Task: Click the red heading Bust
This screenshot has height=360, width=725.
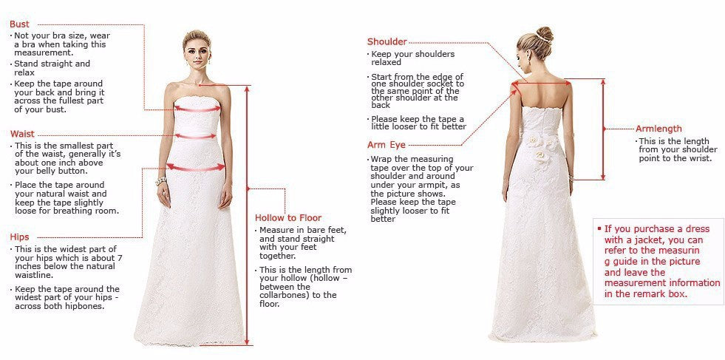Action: pyautogui.click(x=20, y=24)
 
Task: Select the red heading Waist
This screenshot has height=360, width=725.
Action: pyautogui.click(x=22, y=134)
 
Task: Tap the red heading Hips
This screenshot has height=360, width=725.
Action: pyautogui.click(x=20, y=237)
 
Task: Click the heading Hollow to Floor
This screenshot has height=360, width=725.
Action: pyautogui.click(x=288, y=218)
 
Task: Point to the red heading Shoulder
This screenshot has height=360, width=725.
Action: pyautogui.click(x=387, y=41)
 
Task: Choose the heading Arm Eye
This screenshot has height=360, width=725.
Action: pyautogui.click(x=387, y=145)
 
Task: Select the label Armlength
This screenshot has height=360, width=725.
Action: pyautogui.click(x=658, y=129)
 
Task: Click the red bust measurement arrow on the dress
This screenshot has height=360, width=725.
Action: pyautogui.click(x=197, y=109)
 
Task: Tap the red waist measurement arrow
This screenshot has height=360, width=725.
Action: pyautogui.click(x=195, y=136)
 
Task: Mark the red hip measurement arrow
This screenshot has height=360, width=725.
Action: pyautogui.click(x=196, y=167)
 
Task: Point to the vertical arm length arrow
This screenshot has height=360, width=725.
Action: pyautogui.click(x=603, y=129)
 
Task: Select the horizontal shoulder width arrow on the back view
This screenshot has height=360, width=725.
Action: pyautogui.click(x=543, y=84)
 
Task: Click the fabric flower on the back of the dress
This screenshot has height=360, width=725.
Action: pyautogui.click(x=548, y=150)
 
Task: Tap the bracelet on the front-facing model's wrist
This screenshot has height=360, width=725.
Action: pyautogui.click(x=160, y=180)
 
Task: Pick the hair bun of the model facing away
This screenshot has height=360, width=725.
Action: pyautogui.click(x=544, y=34)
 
